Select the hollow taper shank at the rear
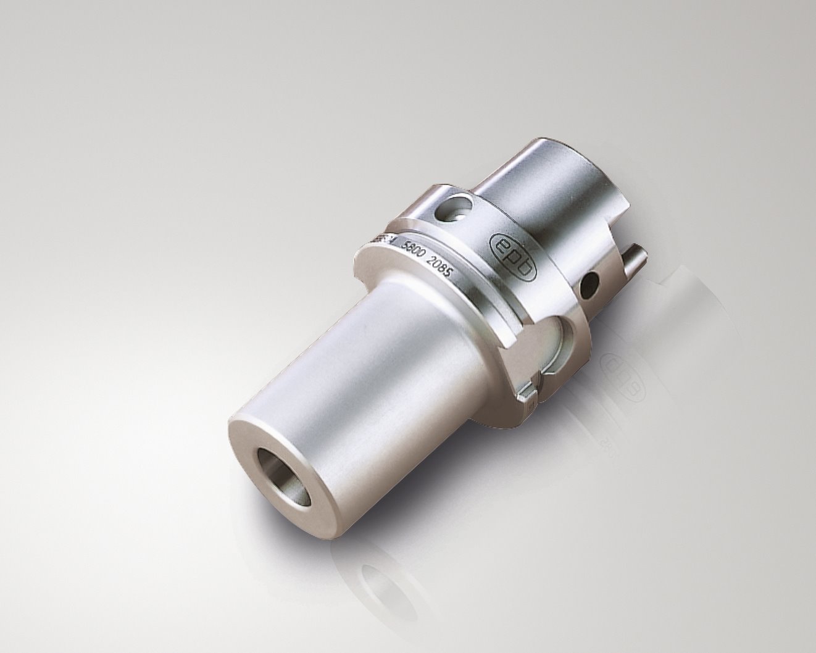tap(556, 179)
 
